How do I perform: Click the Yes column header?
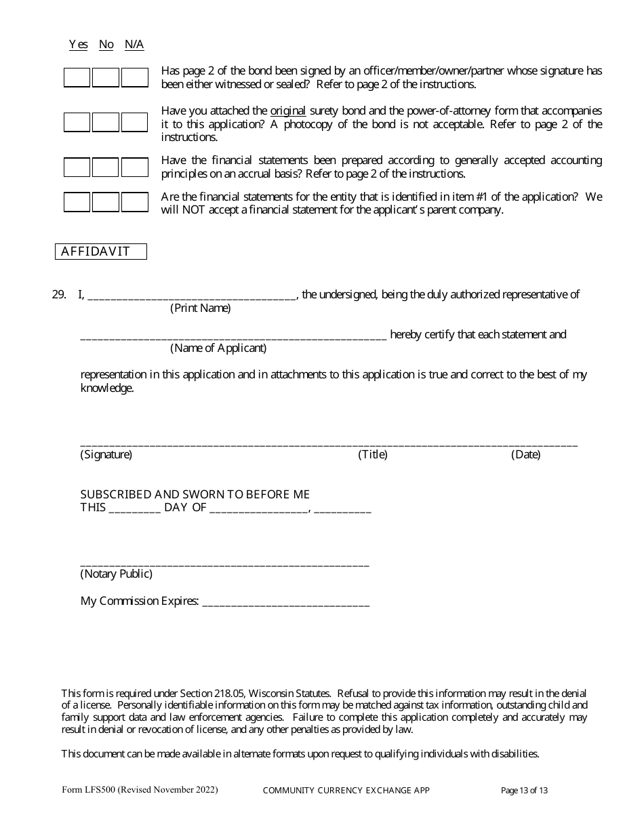pyautogui.click(x=78, y=45)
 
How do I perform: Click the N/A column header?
pyautogui.click(x=134, y=45)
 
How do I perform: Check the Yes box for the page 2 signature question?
pyautogui.click(x=77, y=77)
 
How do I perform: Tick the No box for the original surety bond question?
pyautogui.click(x=106, y=122)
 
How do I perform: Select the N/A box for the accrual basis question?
pyautogui.click(x=135, y=167)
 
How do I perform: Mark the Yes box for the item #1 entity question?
pyautogui.click(x=77, y=202)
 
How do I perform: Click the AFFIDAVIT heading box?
pyautogui.click(x=100, y=252)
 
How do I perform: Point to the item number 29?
pyautogui.click(x=58, y=294)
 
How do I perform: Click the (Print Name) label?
pyautogui.click(x=200, y=309)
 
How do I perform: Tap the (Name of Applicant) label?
pyautogui.click(x=218, y=349)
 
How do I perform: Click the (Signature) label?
pyautogui.click(x=106, y=455)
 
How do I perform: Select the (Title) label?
pyautogui.click(x=373, y=455)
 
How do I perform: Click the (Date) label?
pyautogui.click(x=525, y=455)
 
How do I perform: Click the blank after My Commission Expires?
pyautogui.click(x=285, y=601)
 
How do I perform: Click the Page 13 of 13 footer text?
pyautogui.click(x=524, y=790)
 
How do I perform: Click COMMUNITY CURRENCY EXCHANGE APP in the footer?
pyautogui.click(x=346, y=790)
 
